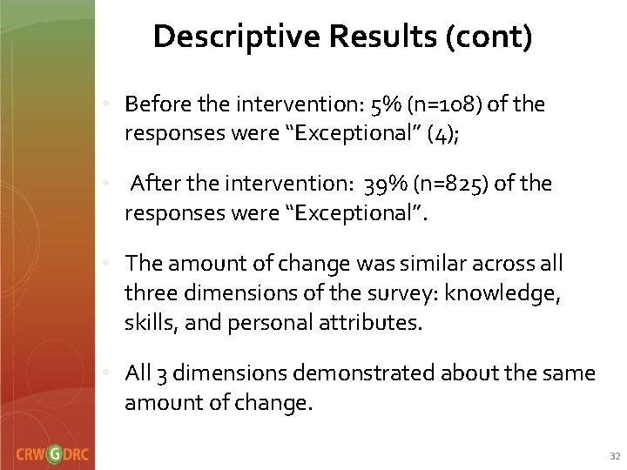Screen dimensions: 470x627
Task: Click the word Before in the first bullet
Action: (x=154, y=105)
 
